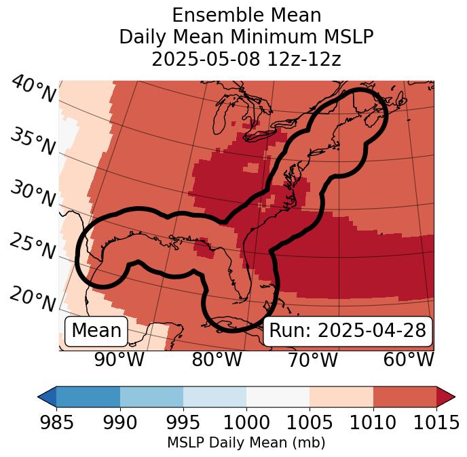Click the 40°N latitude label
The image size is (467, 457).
click(x=33, y=90)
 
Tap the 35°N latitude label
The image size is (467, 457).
click(x=33, y=142)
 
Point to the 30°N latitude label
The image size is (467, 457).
click(x=33, y=195)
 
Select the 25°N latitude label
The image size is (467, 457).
click(x=33, y=247)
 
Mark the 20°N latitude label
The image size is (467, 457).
click(x=33, y=299)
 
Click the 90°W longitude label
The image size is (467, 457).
click(x=119, y=359)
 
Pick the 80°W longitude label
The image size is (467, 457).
click(x=217, y=359)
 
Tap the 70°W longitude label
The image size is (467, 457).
click(x=312, y=359)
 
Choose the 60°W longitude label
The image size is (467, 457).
click(x=408, y=359)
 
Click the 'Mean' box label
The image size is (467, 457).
click(x=96, y=331)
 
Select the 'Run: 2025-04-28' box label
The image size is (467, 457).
click(x=348, y=331)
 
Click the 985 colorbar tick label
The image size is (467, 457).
click(x=56, y=423)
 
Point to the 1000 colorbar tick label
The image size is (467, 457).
click(x=246, y=423)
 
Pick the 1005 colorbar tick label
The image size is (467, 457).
click(x=310, y=423)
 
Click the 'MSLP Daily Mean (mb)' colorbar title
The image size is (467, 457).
click(x=246, y=443)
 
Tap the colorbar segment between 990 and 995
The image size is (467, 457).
click(x=151, y=396)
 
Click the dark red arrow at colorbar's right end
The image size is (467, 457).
click(x=445, y=396)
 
